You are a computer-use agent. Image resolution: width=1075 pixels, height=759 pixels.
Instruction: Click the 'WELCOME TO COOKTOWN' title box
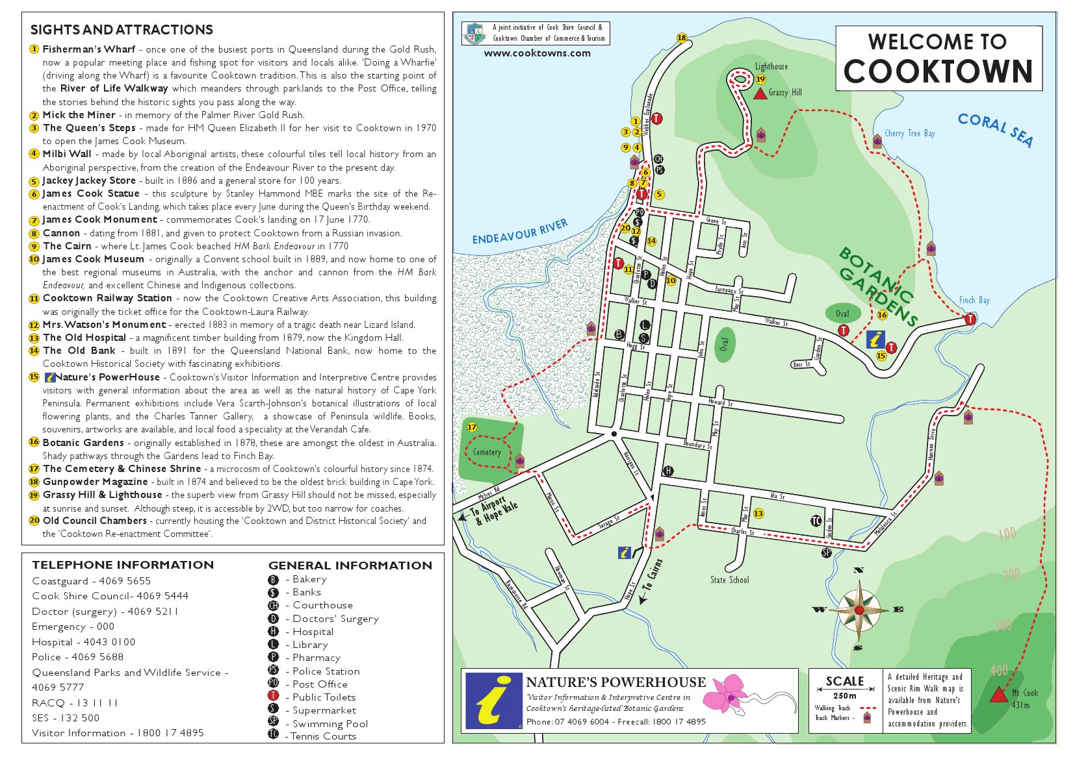click(x=938, y=58)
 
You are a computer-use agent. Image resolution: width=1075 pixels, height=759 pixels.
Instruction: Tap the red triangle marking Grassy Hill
click(x=760, y=94)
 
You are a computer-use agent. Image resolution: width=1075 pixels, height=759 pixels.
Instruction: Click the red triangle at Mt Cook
click(x=998, y=695)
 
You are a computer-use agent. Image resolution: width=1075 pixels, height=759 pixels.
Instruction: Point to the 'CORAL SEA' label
click(x=995, y=129)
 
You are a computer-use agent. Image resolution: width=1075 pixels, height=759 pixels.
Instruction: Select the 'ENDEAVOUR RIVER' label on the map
click(x=520, y=232)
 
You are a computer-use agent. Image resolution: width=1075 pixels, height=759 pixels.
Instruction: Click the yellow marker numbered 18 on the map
click(x=682, y=38)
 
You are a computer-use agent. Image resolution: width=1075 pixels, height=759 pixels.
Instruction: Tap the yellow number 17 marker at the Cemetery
click(x=472, y=427)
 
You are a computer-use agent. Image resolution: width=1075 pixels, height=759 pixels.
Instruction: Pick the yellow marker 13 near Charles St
click(x=758, y=514)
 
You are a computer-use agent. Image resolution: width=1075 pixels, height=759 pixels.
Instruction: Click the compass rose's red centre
click(x=859, y=610)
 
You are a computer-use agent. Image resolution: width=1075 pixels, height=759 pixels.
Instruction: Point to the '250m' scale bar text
click(x=844, y=695)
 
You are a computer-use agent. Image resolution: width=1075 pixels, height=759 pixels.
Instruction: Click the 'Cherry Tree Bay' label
click(x=909, y=133)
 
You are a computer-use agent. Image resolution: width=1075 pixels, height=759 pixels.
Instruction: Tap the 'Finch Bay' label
click(x=974, y=300)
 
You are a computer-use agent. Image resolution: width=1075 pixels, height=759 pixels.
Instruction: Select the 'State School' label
click(x=729, y=580)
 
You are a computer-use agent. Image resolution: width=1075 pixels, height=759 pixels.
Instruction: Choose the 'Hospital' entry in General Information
click(x=313, y=632)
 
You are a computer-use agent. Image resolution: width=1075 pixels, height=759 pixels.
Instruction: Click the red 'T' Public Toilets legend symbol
click(x=274, y=697)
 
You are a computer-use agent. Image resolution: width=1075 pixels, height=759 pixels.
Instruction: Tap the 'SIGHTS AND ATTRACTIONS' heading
click(x=122, y=30)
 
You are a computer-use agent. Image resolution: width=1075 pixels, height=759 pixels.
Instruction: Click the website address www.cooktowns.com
click(x=537, y=53)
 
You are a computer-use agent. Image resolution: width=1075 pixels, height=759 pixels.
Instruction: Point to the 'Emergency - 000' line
click(x=73, y=627)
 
